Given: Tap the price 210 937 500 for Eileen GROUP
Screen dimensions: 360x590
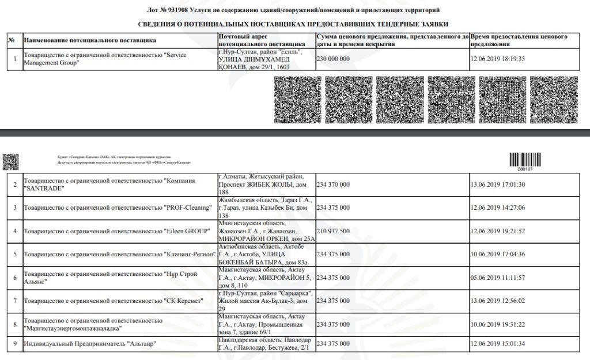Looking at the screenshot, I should point(333,231).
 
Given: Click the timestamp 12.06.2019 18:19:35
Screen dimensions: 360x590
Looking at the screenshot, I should point(498,59).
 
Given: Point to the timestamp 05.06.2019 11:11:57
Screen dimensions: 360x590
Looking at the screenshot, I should point(498,278).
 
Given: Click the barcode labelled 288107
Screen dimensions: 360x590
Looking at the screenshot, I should point(525,160).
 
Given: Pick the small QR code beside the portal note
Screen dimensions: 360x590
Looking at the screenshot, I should point(10,162).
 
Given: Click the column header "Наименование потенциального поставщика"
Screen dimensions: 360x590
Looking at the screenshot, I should point(89,40).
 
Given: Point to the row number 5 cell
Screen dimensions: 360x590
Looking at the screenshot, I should point(15,254).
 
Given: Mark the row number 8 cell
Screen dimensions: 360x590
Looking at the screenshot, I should point(15,324).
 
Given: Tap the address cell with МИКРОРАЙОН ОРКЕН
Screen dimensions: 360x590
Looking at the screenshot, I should point(266,231).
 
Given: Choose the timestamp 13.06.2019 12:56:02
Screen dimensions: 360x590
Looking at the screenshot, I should point(498,301).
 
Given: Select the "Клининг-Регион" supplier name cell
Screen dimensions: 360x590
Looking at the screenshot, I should point(119,254).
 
